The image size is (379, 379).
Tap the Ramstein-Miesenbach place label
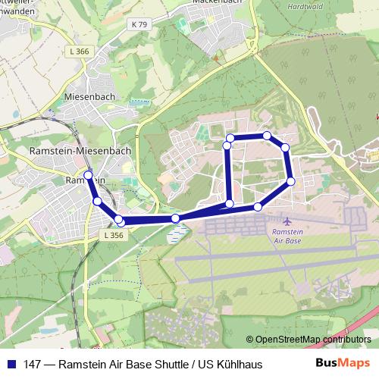[x=80, y=151]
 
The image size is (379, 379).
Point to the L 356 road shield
[x=111, y=236]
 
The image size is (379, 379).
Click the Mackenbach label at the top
[x=215, y=2]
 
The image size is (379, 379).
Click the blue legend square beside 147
[x=11, y=364]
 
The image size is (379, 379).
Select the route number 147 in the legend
[x=33, y=364]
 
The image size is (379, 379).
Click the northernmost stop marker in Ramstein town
[x=88, y=175]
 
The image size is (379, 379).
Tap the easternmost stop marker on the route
[x=291, y=181]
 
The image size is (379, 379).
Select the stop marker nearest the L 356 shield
[x=119, y=220]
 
